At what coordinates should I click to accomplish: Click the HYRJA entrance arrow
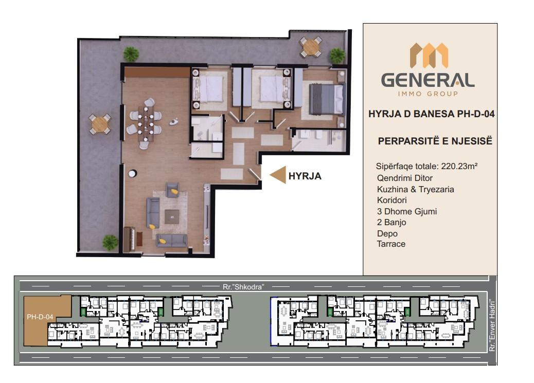[x=278, y=175]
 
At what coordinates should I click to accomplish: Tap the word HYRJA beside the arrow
[x=305, y=176]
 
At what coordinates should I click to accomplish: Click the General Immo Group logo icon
[x=429, y=55]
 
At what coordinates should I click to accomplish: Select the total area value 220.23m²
[x=459, y=166]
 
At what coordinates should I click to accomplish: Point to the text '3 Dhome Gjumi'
[x=406, y=211]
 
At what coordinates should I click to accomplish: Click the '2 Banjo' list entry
[x=391, y=222]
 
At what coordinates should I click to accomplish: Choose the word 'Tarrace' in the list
[x=391, y=244]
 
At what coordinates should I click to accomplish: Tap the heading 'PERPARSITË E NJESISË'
[x=435, y=141]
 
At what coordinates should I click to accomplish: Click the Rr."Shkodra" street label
[x=243, y=287]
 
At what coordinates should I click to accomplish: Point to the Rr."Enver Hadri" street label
[x=491, y=325]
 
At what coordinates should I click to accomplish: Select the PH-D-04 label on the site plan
[x=40, y=317]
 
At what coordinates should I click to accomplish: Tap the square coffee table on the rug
[x=172, y=217]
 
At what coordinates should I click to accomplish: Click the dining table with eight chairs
[x=146, y=123]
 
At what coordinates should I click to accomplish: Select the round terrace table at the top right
[x=310, y=47]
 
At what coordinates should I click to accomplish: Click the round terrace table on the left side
[x=100, y=124]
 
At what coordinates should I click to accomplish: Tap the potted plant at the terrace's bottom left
[x=110, y=243]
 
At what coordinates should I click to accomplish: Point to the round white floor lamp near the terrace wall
[x=132, y=174]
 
